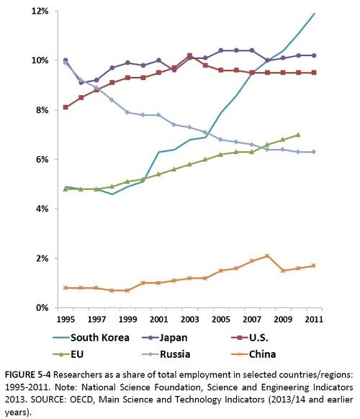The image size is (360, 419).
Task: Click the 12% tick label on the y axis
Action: pyautogui.click(x=40, y=12)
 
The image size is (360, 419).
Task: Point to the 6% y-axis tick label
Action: pyautogui.click(x=42, y=160)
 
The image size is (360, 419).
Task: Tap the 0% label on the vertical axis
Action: pyautogui.click(x=42, y=307)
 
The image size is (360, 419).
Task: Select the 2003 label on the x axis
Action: pyautogui.click(x=189, y=320)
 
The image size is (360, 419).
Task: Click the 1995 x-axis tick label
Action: pyautogui.click(x=66, y=320)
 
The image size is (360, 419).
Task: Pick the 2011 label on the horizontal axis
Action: pyautogui.click(x=314, y=320)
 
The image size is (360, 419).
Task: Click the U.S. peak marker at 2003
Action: pyautogui.click(x=189, y=55)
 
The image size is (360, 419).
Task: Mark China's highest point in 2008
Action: pyautogui.click(x=267, y=256)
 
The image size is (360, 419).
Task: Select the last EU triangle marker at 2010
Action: pyautogui.click(x=299, y=135)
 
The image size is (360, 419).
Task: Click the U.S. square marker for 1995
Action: pyautogui.click(x=66, y=107)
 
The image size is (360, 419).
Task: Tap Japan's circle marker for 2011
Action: pyautogui.click(x=314, y=55)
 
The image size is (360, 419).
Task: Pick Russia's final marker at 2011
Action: pyautogui.click(x=314, y=152)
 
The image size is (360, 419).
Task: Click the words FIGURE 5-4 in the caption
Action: pyautogui.click(x=27, y=374)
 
